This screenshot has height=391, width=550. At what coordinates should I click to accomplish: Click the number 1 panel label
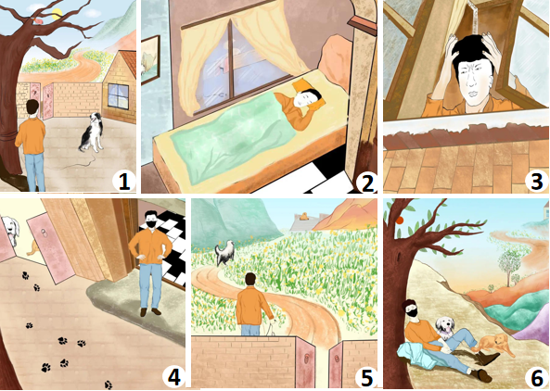click(x=124, y=182)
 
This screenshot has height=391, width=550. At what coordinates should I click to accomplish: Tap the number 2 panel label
click(x=365, y=183)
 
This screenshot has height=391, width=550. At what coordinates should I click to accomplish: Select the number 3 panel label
click(x=537, y=183)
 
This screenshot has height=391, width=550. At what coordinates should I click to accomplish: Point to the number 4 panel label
click(x=174, y=378)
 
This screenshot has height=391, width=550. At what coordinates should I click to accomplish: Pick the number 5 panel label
click(x=365, y=378)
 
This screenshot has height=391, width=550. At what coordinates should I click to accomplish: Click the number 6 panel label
click(x=537, y=378)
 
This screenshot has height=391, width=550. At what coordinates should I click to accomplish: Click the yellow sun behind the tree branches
click(x=57, y=14)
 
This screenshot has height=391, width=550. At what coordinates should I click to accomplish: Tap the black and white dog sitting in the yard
click(x=91, y=132)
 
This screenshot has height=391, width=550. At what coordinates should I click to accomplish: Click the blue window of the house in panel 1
click(x=118, y=95)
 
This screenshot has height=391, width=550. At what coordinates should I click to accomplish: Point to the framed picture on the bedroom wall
click(x=151, y=59)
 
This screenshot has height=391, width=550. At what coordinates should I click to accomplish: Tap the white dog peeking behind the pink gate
click(x=10, y=230)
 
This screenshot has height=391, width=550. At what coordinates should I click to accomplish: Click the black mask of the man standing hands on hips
click(x=151, y=224)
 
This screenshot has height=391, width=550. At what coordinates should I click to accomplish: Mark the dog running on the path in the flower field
click(x=224, y=253)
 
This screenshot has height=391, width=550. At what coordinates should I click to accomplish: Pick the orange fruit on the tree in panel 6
click(x=399, y=220)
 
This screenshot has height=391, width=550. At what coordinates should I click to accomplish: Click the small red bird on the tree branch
click(x=39, y=21)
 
